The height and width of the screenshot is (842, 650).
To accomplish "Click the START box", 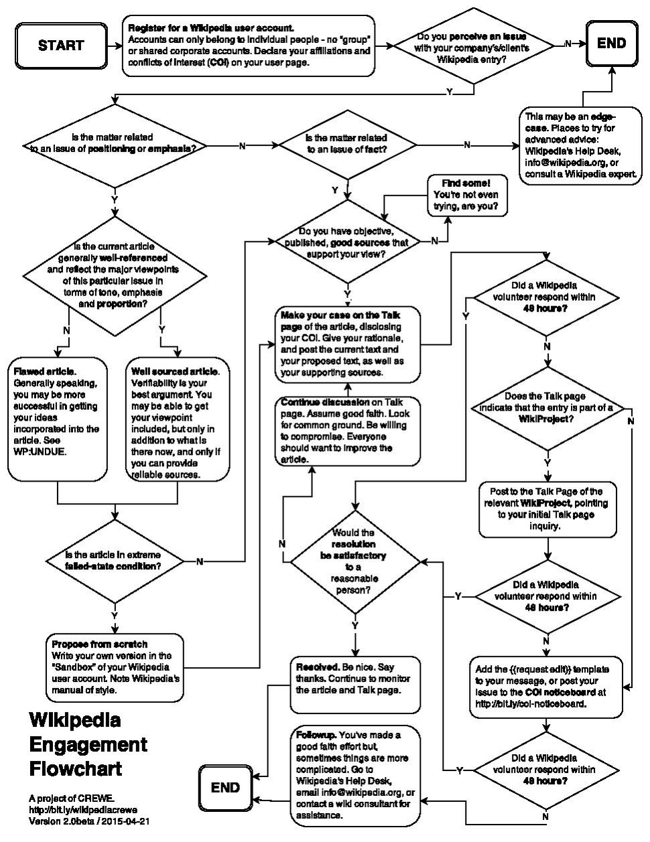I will [60, 46].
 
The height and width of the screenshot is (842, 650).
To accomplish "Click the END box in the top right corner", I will [611, 44].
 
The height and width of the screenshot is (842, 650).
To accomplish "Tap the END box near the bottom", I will [224, 788].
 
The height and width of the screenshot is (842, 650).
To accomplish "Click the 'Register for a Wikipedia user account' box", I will [249, 46].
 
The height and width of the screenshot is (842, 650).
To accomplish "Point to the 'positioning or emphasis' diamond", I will [115, 145].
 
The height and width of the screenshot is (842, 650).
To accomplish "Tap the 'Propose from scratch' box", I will [115, 667].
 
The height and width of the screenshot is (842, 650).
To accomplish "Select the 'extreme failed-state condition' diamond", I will [114, 561].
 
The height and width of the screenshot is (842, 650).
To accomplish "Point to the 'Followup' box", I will [355, 775].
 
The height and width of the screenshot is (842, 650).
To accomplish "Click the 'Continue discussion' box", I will [347, 431].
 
